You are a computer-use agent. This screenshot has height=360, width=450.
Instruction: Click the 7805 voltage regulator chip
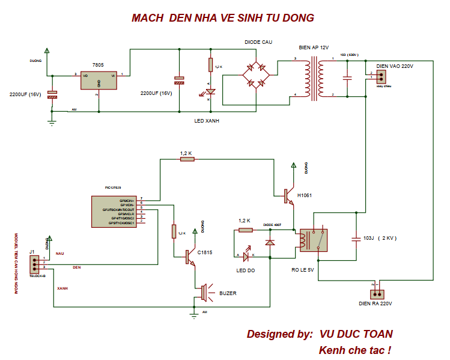pos(99,81)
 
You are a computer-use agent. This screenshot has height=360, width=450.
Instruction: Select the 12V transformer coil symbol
pos(314,76)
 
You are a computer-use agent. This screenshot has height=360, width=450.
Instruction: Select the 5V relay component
pos(313,240)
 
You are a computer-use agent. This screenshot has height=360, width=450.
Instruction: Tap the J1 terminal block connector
pos(35,263)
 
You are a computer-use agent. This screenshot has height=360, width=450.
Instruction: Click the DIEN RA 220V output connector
pos(377,294)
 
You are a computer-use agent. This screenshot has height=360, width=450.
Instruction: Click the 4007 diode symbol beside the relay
pos(270,243)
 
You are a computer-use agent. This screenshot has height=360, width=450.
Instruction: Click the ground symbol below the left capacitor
pos(52,122)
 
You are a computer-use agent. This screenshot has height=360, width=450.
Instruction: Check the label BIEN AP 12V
pos(314,47)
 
